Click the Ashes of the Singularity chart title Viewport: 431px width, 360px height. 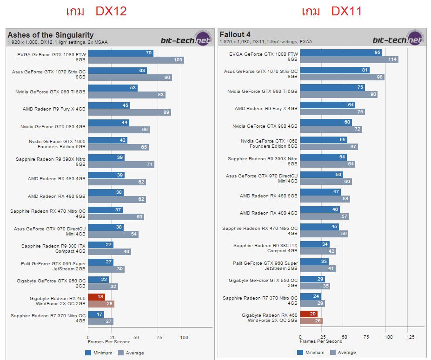pyautogui.click(x=50, y=35)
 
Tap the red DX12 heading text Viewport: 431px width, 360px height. pyautogui.click(x=111, y=12)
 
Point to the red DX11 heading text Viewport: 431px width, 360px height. pyautogui.click(x=346, y=12)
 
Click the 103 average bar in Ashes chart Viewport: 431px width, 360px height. pyautogui.click(x=136, y=60)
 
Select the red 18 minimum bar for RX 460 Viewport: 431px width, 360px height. pyautogui.click(x=96, y=297)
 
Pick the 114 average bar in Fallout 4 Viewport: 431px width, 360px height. pyautogui.click(x=349, y=59)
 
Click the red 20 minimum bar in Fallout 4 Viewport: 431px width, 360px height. pyautogui.click(x=309, y=314)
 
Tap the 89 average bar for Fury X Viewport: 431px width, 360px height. pyautogui.click(x=129, y=112)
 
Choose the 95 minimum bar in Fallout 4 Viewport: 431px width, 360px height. pyautogui.click(x=341, y=53)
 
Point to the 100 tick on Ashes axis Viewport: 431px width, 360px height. pyautogui.click(x=184, y=336)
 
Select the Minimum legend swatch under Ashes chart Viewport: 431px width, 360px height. pyautogui.click(x=88, y=353)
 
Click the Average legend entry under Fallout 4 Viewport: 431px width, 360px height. pyautogui.click(x=344, y=353)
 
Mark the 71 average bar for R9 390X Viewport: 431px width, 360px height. pyautogui.click(x=121, y=164)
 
